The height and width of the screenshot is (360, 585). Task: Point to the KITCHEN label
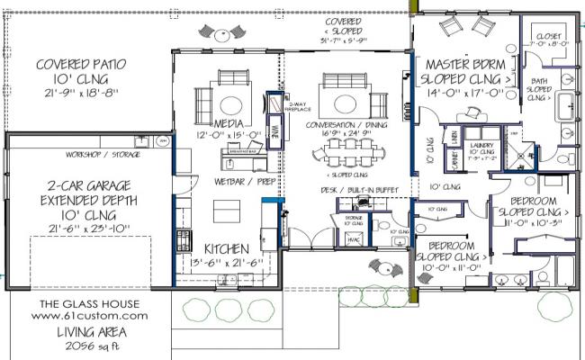coord(226,248)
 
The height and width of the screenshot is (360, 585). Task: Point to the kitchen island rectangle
coord(226,211)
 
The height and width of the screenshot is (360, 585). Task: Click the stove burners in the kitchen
coord(184,239)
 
